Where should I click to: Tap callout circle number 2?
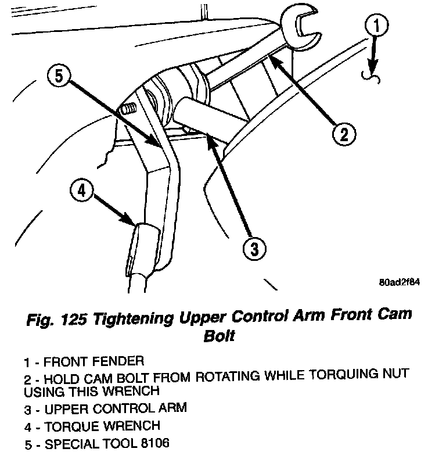pyautogui.click(x=343, y=135)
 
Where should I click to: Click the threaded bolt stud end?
pyautogui.click(x=127, y=109)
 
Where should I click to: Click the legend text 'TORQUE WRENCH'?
pyautogui.click(x=102, y=426)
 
